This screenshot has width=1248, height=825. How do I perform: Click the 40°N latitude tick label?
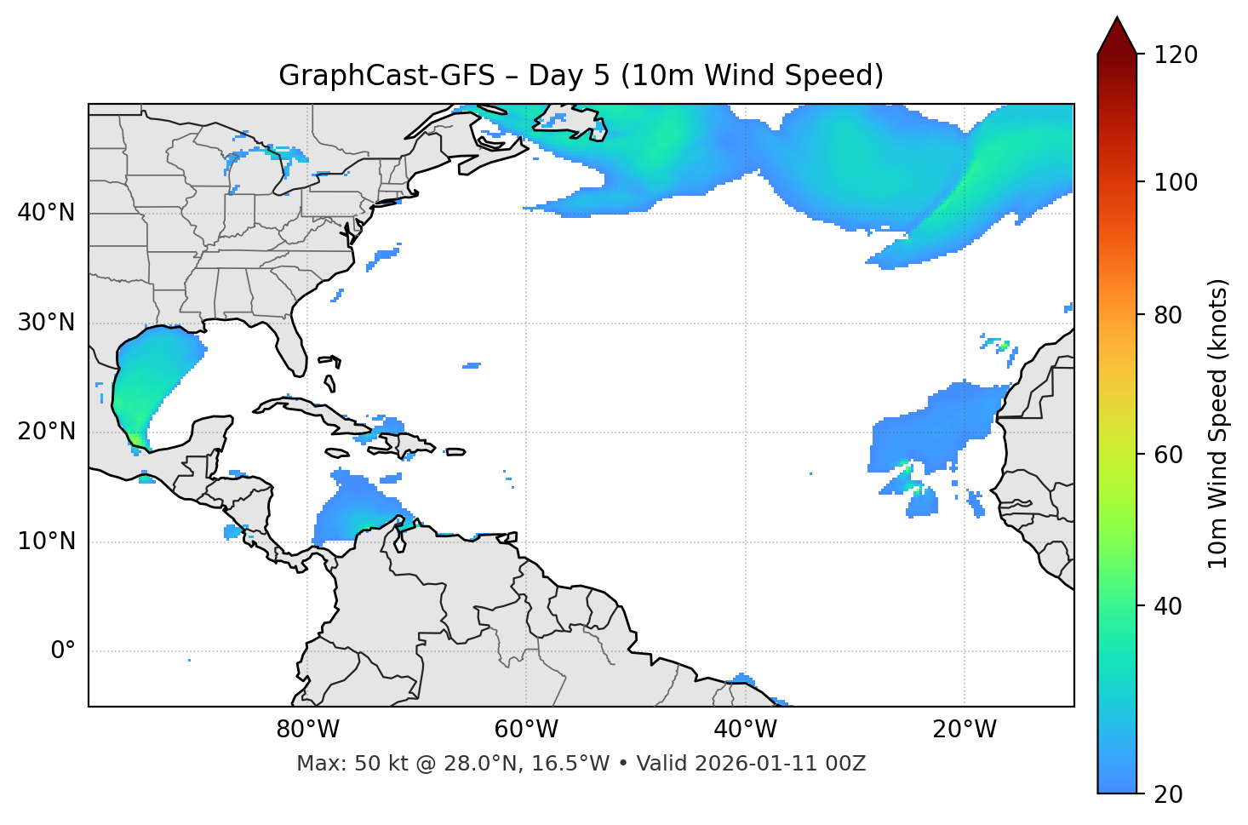tap(46, 213)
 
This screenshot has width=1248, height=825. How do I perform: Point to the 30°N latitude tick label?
tap(46, 323)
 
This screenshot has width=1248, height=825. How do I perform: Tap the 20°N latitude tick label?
tap(46, 432)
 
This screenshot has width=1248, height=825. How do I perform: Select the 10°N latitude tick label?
tap(46, 541)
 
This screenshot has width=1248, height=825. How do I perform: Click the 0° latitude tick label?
tap(62, 651)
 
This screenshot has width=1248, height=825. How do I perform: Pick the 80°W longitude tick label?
tap(307, 730)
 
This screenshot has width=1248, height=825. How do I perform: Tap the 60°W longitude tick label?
tap(526, 730)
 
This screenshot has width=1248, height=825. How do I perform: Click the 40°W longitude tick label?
tap(745, 730)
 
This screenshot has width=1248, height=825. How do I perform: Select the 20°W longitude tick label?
tap(964, 730)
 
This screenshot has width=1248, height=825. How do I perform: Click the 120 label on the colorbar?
tap(1176, 55)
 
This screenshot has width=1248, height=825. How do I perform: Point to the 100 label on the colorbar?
tap(1176, 182)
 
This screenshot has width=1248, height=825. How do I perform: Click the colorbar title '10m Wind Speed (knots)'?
tap(1218, 423)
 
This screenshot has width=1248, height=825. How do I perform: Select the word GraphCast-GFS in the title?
tap(386, 76)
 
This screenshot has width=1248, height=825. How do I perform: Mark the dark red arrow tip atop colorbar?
tap(1117, 34)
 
